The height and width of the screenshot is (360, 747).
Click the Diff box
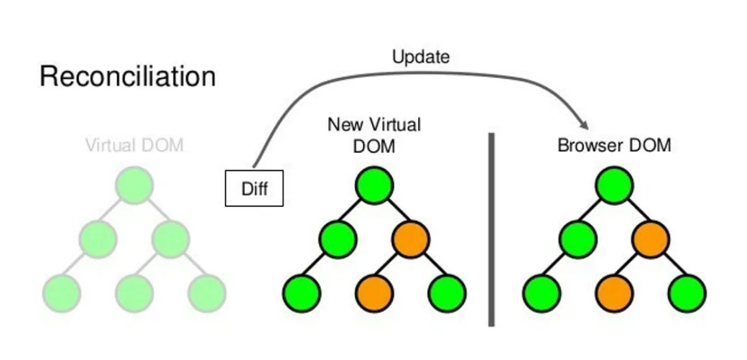click(x=254, y=189)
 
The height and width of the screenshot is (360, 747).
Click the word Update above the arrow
click(x=421, y=57)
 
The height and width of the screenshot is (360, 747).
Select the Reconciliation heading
click(x=128, y=76)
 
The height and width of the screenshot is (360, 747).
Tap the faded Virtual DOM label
click(x=134, y=145)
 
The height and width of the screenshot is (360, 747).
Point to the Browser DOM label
click(x=614, y=145)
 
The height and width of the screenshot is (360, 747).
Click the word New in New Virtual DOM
click(x=343, y=124)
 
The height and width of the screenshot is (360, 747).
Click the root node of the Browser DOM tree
click(x=614, y=185)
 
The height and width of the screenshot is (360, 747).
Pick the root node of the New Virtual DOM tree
click(x=373, y=185)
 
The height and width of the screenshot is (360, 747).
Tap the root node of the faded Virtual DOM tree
click(x=134, y=185)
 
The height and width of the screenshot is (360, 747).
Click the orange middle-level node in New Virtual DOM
click(x=410, y=239)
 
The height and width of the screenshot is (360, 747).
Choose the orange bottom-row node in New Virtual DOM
click(x=373, y=292)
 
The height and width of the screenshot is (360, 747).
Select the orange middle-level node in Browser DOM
click(x=651, y=239)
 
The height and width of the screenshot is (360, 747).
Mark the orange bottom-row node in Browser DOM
click(x=614, y=292)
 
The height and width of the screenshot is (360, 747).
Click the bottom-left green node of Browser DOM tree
click(x=542, y=292)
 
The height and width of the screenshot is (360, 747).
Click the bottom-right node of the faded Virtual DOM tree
click(x=207, y=292)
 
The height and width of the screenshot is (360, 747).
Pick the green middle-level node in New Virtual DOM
click(x=338, y=239)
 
